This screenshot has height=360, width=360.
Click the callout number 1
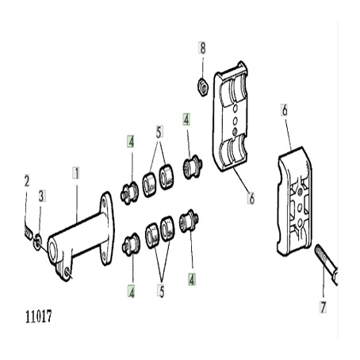pyautogui.click(x=76, y=173)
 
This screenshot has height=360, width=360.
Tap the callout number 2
pyautogui.click(x=27, y=181)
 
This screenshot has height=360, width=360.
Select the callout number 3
pyautogui.click(x=41, y=196)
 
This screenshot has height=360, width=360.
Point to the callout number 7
pyautogui.click(x=323, y=307)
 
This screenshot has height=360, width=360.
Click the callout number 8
pyautogui.click(x=202, y=48)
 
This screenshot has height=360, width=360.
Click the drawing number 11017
pyautogui.click(x=39, y=316)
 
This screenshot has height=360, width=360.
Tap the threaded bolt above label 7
pyautogui.click(x=326, y=264)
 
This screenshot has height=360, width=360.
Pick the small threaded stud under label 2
pyautogui.click(x=29, y=232)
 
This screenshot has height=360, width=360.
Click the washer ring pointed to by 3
pyautogui.click(x=37, y=241)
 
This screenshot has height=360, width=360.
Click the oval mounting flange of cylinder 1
pyautogui.click(x=107, y=228)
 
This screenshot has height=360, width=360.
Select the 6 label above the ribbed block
pyautogui.click(x=285, y=110)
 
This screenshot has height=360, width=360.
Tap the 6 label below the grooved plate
pyautogui.click(x=251, y=197)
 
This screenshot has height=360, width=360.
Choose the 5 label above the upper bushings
pyautogui.click(x=159, y=132)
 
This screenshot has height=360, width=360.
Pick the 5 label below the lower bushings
pyautogui.click(x=161, y=291)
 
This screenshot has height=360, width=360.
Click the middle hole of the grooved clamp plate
pyautogui.click(x=235, y=121)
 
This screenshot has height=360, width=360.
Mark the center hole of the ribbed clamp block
pyautogui.click(x=300, y=208)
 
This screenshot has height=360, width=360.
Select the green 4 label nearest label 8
pyautogui.click(x=186, y=120)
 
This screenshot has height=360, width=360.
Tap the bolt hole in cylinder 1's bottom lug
pyautogui.click(x=67, y=271)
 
